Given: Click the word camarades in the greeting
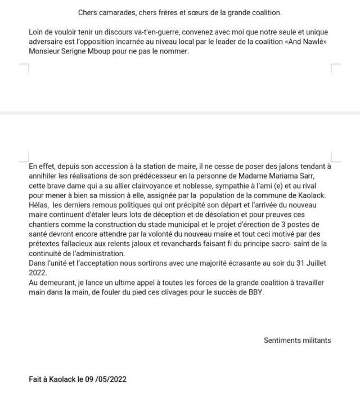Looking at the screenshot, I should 116,12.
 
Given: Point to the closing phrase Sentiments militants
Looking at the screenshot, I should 298,340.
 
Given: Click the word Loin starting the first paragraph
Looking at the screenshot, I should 37,33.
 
